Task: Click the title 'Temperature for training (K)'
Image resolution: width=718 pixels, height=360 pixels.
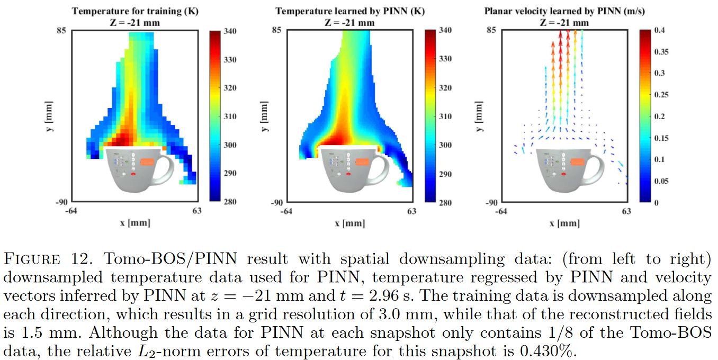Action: click(136, 11)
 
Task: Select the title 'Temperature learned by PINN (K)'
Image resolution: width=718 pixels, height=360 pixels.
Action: click(350, 11)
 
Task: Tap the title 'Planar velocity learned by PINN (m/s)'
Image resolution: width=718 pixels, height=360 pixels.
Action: click(564, 11)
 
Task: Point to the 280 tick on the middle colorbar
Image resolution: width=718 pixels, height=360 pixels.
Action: click(445, 202)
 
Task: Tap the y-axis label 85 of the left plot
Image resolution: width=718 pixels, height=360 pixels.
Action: click(61, 30)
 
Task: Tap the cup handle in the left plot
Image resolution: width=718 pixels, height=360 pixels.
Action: click(166, 167)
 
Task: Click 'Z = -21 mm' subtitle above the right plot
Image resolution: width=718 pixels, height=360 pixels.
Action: click(564, 22)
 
